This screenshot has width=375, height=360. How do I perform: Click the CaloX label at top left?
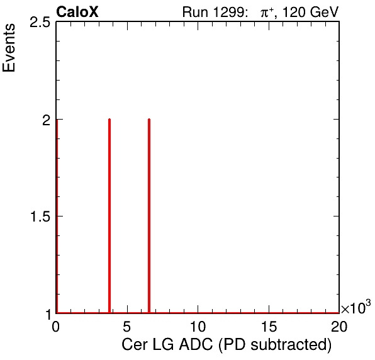[77, 11]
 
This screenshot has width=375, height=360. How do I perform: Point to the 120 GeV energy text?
[310, 12]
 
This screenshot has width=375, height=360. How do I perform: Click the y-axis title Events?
[9, 47]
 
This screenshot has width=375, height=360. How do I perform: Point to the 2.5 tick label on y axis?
[40, 23]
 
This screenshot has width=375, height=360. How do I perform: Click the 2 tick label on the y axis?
[47, 120]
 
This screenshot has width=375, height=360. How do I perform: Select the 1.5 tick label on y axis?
[40, 217]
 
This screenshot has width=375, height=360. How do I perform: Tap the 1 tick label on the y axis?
[49, 315]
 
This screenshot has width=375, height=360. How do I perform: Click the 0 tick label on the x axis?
[55, 327]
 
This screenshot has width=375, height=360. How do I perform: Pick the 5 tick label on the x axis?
[127, 327]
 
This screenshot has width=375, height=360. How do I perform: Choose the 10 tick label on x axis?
[198, 327]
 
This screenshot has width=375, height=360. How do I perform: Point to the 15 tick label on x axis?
[269, 327]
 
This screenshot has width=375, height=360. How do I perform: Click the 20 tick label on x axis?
[339, 327]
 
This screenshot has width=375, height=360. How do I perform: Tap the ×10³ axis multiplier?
[356, 307]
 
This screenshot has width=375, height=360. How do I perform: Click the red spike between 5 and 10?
[149, 216]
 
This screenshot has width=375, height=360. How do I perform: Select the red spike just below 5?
[109, 216]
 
